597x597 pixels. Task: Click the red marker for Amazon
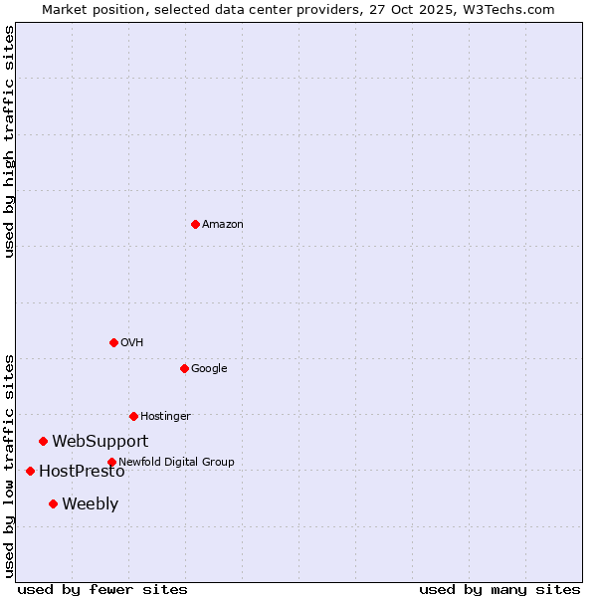click(195, 224)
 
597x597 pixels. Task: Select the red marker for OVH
click(113, 342)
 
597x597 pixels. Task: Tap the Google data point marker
click(184, 368)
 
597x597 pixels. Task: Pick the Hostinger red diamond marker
click(133, 416)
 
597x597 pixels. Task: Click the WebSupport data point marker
click(43, 441)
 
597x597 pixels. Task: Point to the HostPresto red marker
click(30, 471)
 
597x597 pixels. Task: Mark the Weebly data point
click(53, 503)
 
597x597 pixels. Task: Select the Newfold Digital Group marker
click(111, 462)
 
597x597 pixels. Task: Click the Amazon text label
click(222, 225)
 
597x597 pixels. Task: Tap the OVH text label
click(131, 343)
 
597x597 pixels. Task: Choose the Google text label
click(209, 369)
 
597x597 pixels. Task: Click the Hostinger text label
click(165, 417)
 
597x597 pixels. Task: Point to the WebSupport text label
click(100, 442)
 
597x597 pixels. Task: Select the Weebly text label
click(90, 504)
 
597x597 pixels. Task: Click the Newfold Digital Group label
click(176, 463)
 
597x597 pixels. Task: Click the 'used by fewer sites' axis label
click(102, 590)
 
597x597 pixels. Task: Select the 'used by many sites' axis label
click(499, 590)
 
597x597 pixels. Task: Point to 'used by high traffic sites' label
click(9, 141)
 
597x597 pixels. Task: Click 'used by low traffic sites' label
click(9, 466)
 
